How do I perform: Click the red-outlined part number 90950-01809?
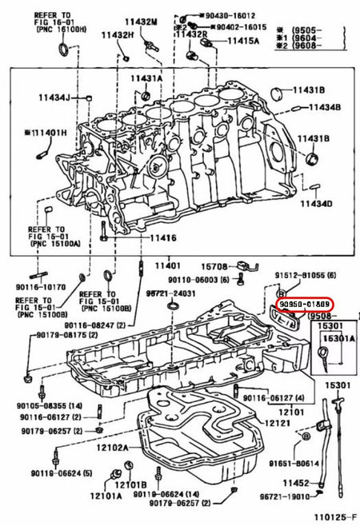click(304, 305)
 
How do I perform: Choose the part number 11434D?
click(316, 204)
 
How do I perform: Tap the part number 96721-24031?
click(171, 293)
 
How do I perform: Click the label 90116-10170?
click(38, 285)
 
